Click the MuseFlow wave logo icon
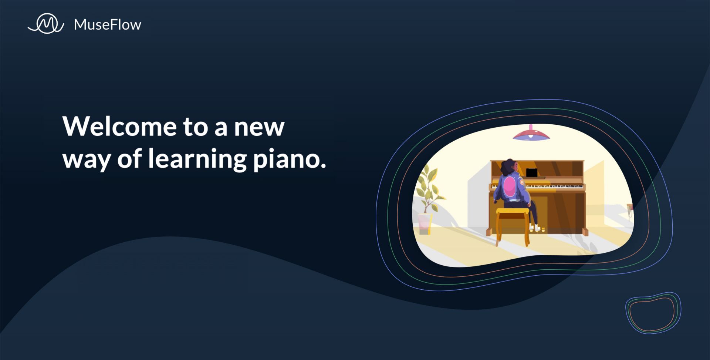pos(46,24)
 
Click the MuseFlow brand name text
pos(108,25)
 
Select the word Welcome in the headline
pos(120,126)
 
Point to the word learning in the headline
pos(197,159)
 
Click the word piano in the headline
pos(287,159)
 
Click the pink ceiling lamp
pos(531,133)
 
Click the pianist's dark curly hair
pos(507,167)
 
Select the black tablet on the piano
pos(532,173)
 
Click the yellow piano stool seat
pos(513,211)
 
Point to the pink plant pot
pos(425,223)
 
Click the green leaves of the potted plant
pos(429,189)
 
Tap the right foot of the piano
pos(585,232)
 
